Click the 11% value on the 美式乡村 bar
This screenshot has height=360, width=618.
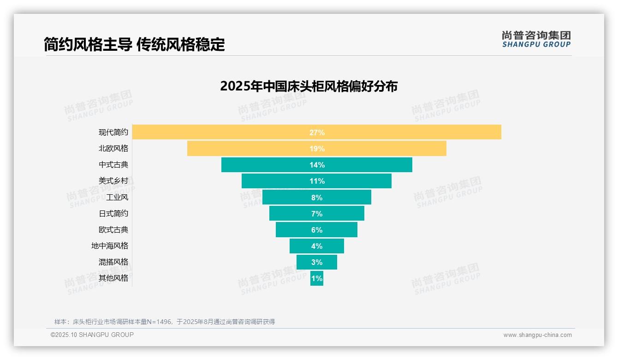[x=317, y=181]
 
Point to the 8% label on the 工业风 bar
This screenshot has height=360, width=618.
[x=317, y=198]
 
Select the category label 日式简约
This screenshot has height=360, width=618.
[x=113, y=214]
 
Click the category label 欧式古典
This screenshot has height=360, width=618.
[x=113, y=230]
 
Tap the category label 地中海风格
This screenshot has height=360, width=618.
[x=110, y=246]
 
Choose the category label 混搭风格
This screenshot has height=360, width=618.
[x=113, y=262]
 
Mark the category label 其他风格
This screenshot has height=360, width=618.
[x=113, y=278]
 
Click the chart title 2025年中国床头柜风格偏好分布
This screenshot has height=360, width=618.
[x=309, y=86]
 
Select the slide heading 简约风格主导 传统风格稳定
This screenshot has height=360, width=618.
[x=134, y=45]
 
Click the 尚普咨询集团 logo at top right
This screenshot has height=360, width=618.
[x=536, y=39]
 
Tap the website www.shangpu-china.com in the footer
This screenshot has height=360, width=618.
[x=537, y=335]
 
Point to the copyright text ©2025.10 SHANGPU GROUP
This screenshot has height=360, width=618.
[x=92, y=335]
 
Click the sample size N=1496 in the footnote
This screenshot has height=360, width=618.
[x=159, y=322]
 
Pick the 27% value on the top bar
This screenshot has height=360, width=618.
[x=317, y=132]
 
